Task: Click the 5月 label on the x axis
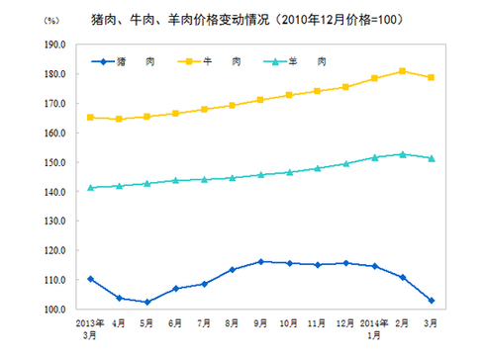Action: tap(147, 323)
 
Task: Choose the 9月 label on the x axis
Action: tap(261, 323)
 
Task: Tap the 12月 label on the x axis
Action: tap(346, 323)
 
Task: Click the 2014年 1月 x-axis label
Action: tap(373, 327)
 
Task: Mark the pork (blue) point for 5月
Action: tap(147, 303)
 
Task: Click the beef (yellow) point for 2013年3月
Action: tap(91, 118)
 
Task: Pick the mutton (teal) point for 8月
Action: tap(233, 178)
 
